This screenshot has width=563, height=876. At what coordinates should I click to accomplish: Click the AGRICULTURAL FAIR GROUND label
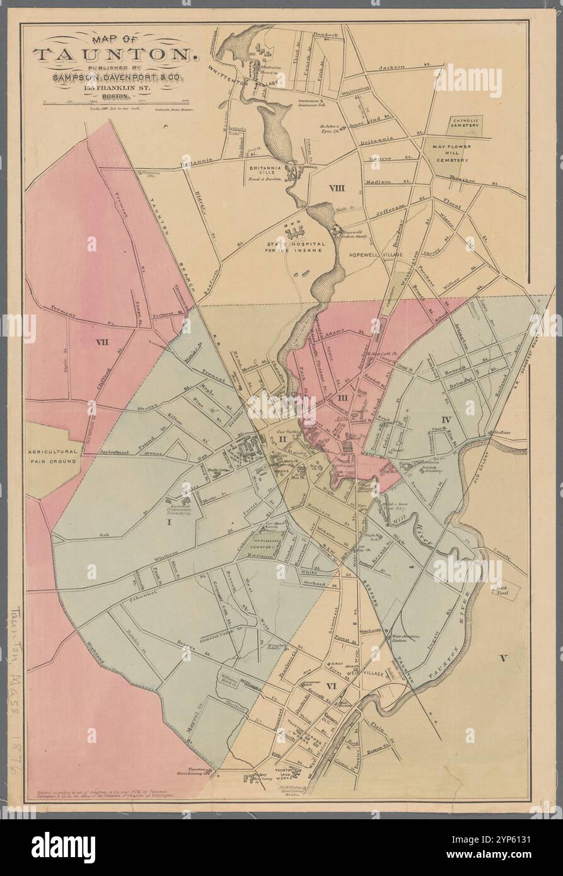53,456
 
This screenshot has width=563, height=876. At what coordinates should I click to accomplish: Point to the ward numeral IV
446,418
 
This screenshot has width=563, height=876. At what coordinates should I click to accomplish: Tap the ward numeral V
502,659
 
